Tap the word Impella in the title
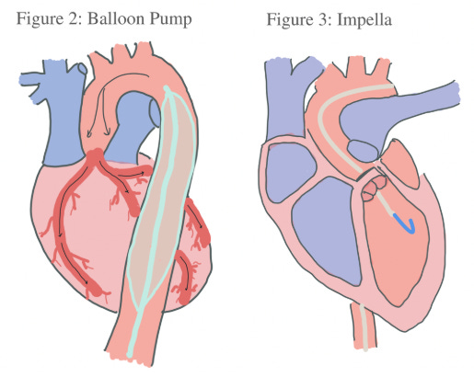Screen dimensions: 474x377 tap(364, 21)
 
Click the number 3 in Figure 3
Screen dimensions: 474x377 tap(324, 20)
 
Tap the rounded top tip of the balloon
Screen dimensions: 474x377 tap(167, 89)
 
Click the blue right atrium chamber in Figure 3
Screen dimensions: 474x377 tap(290, 173)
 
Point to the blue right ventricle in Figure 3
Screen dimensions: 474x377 tap(327, 230)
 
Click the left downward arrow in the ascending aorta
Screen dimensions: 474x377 tap(96, 112)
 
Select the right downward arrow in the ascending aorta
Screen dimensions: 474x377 tap(105, 112)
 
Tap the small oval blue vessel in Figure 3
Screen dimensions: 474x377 tap(363, 151)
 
